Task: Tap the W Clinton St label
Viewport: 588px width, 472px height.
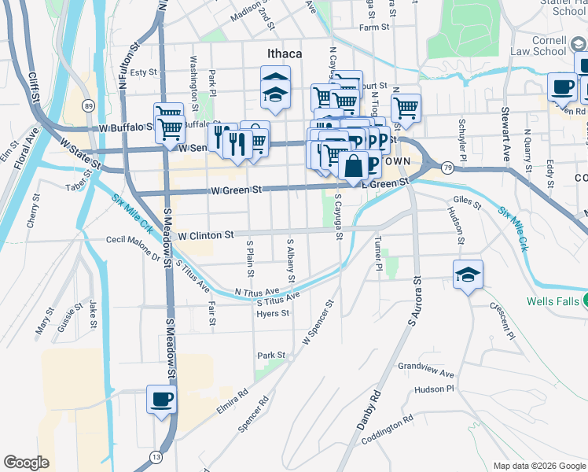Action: [206, 235]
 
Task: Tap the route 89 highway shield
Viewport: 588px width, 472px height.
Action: [89, 105]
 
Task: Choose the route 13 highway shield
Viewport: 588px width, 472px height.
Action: [156, 457]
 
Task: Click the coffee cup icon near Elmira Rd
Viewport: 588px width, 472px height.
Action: [162, 399]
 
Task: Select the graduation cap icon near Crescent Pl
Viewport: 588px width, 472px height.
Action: [468, 275]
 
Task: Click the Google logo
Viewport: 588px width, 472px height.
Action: [27, 463]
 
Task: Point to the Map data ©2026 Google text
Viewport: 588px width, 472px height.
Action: [538, 466]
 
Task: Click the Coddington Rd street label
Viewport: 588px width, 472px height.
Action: [388, 430]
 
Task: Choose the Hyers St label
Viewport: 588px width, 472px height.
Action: [273, 313]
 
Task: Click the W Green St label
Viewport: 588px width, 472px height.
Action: [235, 190]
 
